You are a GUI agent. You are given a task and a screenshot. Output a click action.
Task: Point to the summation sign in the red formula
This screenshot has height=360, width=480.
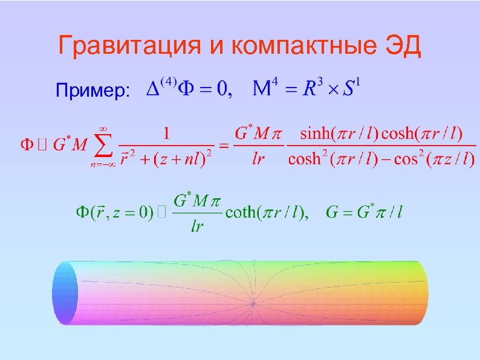(x=102, y=146)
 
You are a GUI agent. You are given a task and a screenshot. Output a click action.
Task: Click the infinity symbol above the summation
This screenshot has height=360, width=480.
(x=103, y=127)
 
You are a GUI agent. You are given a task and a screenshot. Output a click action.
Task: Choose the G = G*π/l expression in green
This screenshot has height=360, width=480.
(x=365, y=212)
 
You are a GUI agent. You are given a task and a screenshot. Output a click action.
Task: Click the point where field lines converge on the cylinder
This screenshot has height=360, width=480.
(x=253, y=303)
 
